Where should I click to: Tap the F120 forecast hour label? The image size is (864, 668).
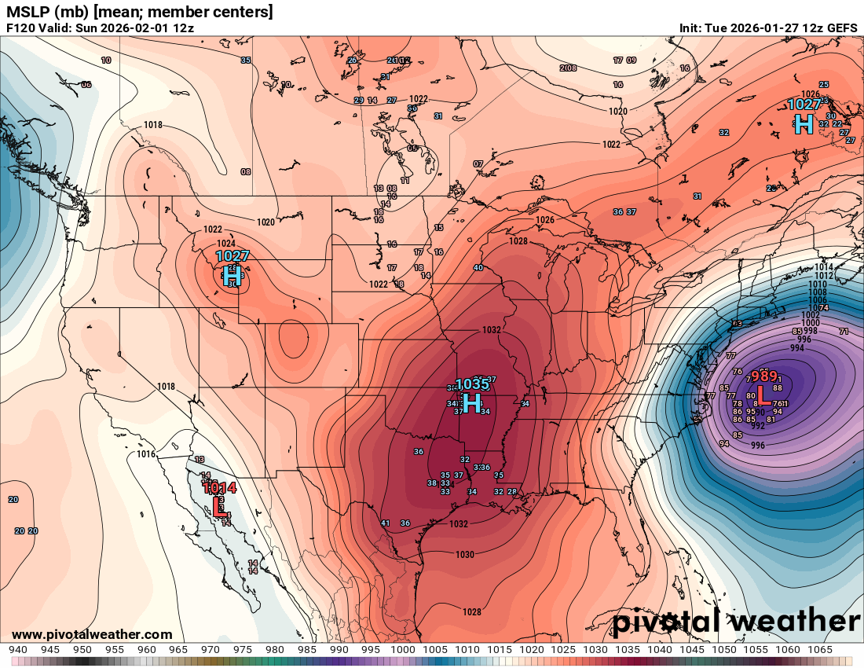[x=21, y=28]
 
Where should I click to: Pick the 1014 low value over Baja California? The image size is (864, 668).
[x=219, y=487]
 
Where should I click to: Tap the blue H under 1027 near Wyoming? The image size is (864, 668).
[x=231, y=275]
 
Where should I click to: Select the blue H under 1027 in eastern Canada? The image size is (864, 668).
[x=804, y=123]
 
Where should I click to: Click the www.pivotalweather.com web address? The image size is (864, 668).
[x=92, y=635]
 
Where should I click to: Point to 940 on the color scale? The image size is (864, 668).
[x=18, y=650]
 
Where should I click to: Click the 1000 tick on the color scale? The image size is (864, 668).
[x=403, y=650]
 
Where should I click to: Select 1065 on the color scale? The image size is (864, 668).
[x=819, y=650]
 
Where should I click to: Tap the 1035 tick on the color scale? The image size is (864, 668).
[x=628, y=650]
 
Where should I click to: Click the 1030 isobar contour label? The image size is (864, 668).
[x=464, y=555]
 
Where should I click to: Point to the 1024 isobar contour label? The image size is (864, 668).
[x=225, y=244]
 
